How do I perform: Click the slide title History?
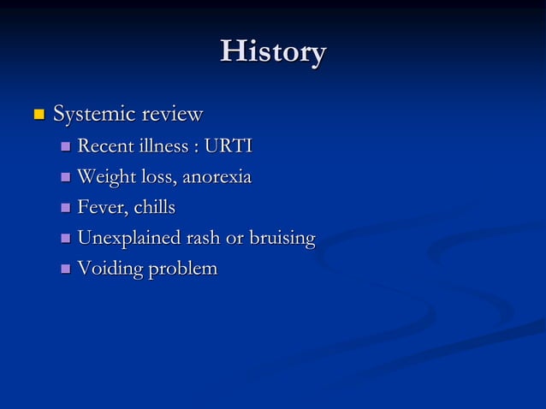(x=273, y=52)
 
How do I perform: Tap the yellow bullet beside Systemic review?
(x=37, y=114)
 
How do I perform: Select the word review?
(x=172, y=114)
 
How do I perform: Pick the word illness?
(x=164, y=146)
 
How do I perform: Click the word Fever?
(x=102, y=208)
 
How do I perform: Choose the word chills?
(x=153, y=208)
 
